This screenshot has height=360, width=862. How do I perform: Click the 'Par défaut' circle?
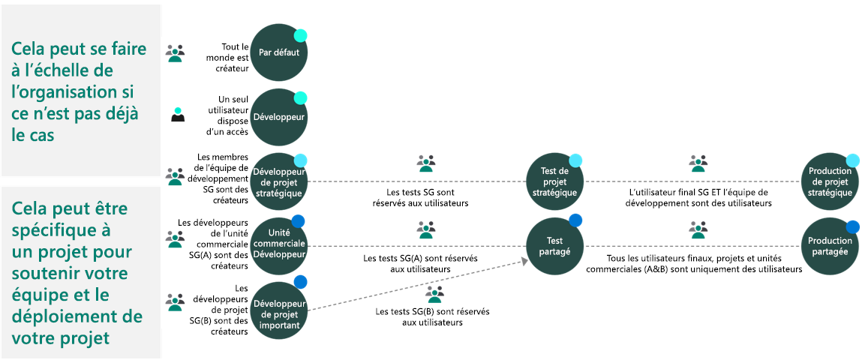pos(278,52)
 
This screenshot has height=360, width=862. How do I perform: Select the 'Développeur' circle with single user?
pos(278,117)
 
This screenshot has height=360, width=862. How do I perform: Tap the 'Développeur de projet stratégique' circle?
pos(278,181)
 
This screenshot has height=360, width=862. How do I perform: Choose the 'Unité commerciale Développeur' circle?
pos(278,244)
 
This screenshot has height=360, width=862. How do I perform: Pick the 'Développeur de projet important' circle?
pos(278,308)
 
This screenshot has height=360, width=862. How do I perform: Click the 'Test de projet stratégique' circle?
pos(554,181)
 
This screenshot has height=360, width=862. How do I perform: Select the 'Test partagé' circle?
pos(554,244)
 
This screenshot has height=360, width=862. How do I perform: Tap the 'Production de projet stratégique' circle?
pos(830,181)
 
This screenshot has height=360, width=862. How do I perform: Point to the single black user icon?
pos(178,114)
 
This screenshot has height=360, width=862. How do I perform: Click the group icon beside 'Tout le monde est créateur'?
pos(176,52)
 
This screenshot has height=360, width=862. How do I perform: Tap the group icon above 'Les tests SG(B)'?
pos(434,294)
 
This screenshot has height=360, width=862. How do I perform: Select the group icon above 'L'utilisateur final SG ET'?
pos(698,163)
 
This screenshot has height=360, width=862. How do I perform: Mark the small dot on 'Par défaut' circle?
pos(300,35)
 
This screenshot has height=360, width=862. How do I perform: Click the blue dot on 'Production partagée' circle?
pos(853,226)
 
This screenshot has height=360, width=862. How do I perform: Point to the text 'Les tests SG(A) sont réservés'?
pos(420,258)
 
